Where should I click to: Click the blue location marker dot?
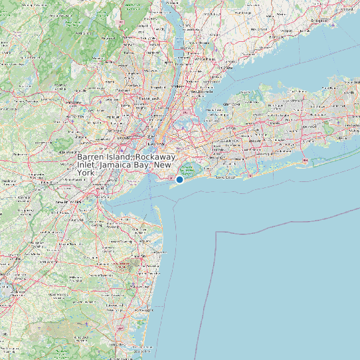point(179,179)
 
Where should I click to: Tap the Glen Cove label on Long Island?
point(233,104)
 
